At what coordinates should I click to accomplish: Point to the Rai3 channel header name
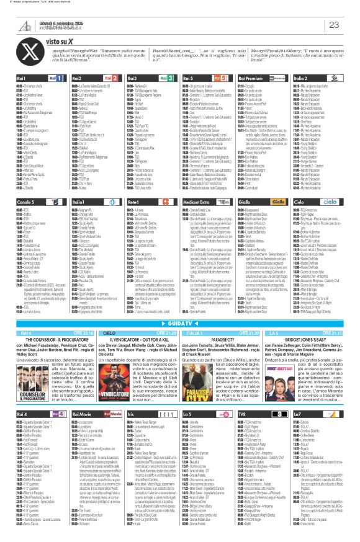point(133,78)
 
